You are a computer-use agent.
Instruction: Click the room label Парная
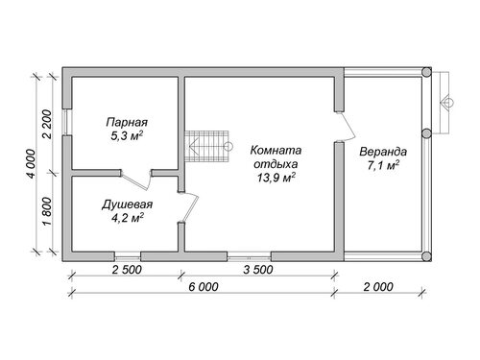pyautogui.click(x=127, y=123)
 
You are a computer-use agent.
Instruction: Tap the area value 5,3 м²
pyautogui.click(x=127, y=136)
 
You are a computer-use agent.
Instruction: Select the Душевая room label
pyautogui.click(x=127, y=204)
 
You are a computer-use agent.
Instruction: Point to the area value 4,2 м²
pyautogui.click(x=127, y=218)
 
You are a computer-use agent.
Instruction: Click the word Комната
pyautogui.click(x=276, y=150)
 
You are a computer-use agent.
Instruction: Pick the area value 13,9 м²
pyautogui.click(x=276, y=178)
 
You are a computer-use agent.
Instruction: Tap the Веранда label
pyautogui.click(x=383, y=152)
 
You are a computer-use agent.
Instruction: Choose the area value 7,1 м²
pyautogui.click(x=383, y=165)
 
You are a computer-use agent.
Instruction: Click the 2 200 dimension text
pyautogui.click(x=47, y=124)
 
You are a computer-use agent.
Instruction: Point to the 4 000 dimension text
pyautogui.click(x=32, y=163)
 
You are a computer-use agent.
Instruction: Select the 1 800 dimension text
pyautogui.click(x=47, y=211)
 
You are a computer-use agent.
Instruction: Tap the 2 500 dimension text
pyautogui.click(x=127, y=270)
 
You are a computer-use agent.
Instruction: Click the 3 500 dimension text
pyautogui.click(x=258, y=270)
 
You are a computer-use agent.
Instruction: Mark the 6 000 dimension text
pyautogui.click(x=204, y=287)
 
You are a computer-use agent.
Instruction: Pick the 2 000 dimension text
pyautogui.click(x=378, y=287)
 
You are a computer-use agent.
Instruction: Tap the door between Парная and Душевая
pyautogui.click(x=136, y=180)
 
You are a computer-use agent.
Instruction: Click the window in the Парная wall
pyautogui.click(x=67, y=122)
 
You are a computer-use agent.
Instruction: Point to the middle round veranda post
pyautogui.click(x=426, y=132)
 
